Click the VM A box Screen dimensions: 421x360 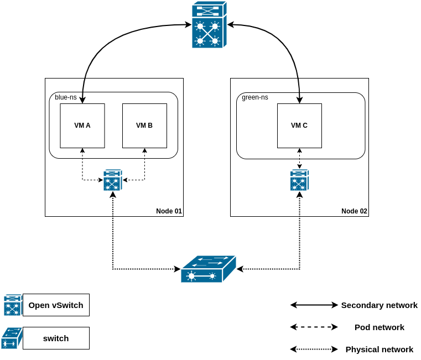[82, 126]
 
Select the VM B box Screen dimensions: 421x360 [144, 126]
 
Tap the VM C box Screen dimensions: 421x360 [299, 126]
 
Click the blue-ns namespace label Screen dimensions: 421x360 [66, 97]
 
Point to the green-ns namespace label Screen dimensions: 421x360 [255, 97]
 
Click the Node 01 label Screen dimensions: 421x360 [169, 211]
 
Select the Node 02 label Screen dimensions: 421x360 [354, 211]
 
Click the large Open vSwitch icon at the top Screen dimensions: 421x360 [210, 25]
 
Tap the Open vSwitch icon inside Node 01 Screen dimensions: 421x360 [113, 180]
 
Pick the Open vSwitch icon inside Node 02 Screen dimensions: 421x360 [299, 180]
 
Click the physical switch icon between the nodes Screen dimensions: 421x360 [209, 269]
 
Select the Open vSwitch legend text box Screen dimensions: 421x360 [56, 305]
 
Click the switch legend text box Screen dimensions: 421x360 [56, 338]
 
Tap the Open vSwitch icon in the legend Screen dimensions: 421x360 [13, 305]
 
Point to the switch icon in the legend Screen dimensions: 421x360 [12, 338]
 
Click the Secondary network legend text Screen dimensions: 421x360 [379, 305]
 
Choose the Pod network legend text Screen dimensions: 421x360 [379, 327]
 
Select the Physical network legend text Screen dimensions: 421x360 [379, 349]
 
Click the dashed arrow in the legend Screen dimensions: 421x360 [314, 327]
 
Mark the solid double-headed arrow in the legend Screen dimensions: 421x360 [314, 305]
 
